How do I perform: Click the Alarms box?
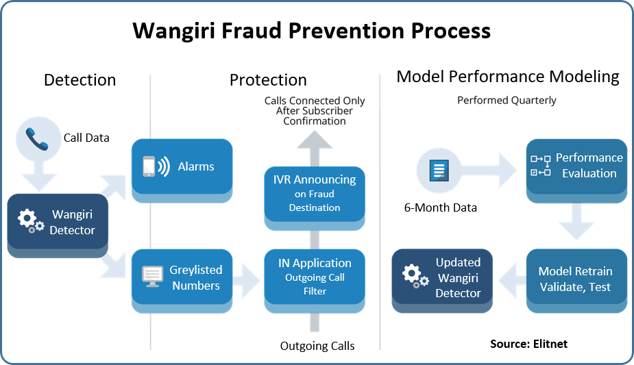[x=182, y=171]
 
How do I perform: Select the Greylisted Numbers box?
[x=182, y=281]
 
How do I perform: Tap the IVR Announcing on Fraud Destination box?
[x=315, y=198]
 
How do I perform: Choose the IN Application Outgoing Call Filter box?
[x=315, y=281]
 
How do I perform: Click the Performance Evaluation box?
[x=576, y=171]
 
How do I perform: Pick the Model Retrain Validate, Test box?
[x=576, y=281]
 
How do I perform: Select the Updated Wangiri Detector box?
[x=442, y=281]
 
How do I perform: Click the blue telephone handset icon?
[x=37, y=139]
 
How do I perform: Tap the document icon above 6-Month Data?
[x=439, y=171]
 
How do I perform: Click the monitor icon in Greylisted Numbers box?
[x=152, y=277]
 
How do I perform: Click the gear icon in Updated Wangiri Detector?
[x=415, y=276]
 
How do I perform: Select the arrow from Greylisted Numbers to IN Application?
[x=246, y=281]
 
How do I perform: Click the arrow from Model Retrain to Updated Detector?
[x=512, y=281]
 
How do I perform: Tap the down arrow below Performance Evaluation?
[x=576, y=222]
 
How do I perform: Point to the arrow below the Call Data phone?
[x=39, y=176]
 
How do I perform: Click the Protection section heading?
[x=268, y=80]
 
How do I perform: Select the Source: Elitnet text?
[x=529, y=344]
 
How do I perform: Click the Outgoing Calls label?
[x=317, y=346]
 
